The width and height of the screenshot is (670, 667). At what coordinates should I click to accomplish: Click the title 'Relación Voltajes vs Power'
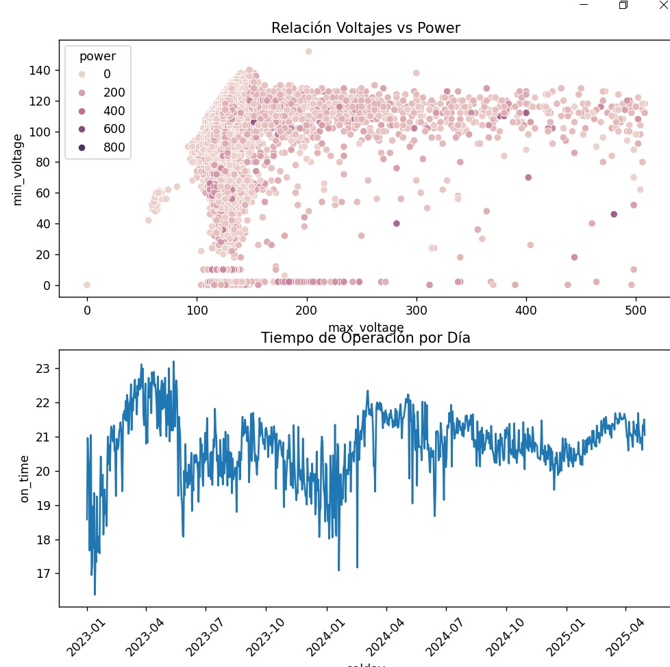tap(365, 28)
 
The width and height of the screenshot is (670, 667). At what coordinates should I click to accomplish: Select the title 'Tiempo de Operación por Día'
tap(365, 338)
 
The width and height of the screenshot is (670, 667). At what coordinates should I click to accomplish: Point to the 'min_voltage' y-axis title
tap(18, 169)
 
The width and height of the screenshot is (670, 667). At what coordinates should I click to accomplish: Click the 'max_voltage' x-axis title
tap(356, 327)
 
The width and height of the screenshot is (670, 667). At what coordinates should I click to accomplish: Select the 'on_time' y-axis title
tap(25, 478)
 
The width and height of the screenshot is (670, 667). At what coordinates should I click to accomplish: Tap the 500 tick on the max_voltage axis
tap(636, 309)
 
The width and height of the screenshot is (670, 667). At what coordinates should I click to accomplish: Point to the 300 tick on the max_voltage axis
tap(417, 309)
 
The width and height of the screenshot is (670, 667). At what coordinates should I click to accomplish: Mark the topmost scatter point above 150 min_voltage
tap(308, 51)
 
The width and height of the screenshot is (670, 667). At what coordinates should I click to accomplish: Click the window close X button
tap(662, 4)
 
